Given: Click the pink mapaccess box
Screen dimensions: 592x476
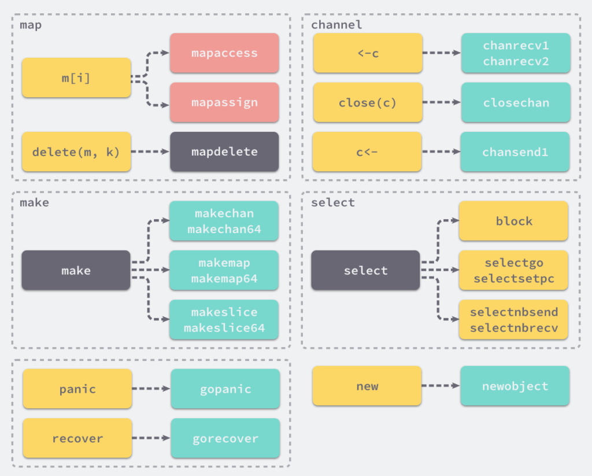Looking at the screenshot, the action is coord(224,53).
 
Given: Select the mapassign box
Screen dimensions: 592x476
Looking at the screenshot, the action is coord(224,102).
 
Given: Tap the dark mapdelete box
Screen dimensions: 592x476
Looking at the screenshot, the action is coord(224,152).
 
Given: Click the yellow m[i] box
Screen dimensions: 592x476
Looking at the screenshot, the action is coord(76,78).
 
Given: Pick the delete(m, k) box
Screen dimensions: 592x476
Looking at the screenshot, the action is coord(76,152).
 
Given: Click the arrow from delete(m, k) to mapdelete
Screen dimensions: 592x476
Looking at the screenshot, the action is coord(150,152).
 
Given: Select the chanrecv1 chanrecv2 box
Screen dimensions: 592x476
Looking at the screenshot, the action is coord(516,53).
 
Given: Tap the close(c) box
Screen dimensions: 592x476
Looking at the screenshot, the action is coord(368,102).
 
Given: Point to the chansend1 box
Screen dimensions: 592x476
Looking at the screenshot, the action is coord(515,152).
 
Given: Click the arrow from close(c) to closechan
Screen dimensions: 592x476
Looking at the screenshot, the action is coord(442,102).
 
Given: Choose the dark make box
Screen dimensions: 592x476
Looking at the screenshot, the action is coord(76,270).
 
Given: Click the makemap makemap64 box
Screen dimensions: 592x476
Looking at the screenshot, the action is coord(224,270).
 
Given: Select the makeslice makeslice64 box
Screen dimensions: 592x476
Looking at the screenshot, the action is coord(224,320).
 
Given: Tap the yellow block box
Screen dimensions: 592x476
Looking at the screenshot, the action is coord(513,220).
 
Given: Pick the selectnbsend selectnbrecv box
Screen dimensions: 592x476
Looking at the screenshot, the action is coord(513,320).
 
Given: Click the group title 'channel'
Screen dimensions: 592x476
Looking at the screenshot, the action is coord(336,25).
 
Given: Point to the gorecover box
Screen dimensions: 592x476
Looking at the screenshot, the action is coord(225,438).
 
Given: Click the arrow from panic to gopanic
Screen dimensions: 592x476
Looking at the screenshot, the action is coord(151,388).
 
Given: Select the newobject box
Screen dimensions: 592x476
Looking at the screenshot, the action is coord(515,386).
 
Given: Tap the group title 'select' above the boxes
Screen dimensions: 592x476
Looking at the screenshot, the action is coord(333,202).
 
